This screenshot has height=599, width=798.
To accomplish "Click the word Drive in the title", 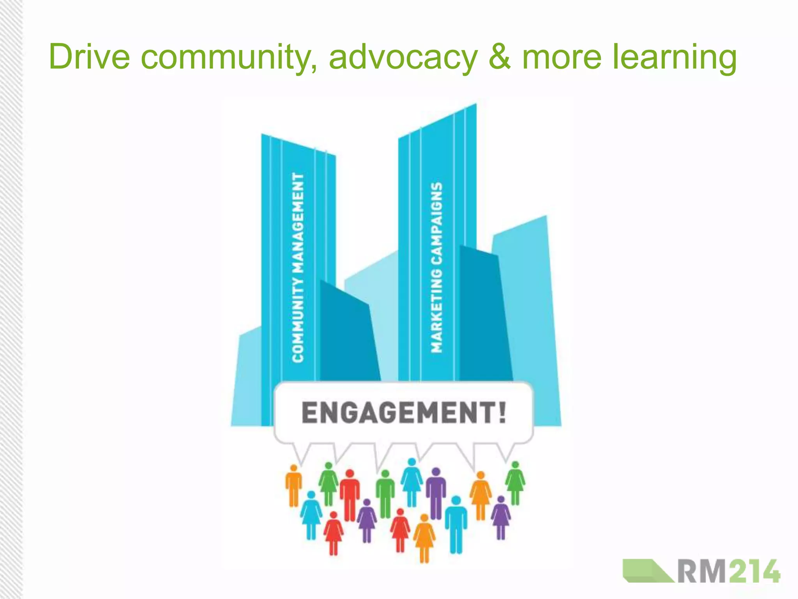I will (89, 57).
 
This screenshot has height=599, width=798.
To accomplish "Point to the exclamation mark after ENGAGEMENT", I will (502, 412).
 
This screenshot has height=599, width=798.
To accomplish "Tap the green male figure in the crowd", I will (385, 494).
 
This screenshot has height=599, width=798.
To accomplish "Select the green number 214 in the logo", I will (754, 571).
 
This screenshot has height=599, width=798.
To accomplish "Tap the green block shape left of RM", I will (647, 571).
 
